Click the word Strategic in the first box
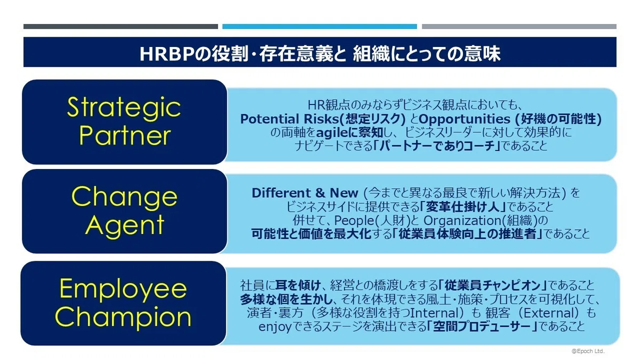(x=124, y=107)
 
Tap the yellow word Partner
(x=125, y=135)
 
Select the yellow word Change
(x=124, y=197)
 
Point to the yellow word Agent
(x=125, y=226)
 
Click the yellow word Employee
(x=123, y=290)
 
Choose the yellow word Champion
(x=123, y=318)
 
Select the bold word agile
(x=333, y=133)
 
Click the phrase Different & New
(x=305, y=193)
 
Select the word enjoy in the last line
(x=275, y=327)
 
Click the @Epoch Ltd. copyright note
(x=588, y=351)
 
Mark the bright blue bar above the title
(x=319, y=27)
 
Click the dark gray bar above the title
(x=121, y=27)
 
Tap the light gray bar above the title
(x=519, y=27)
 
